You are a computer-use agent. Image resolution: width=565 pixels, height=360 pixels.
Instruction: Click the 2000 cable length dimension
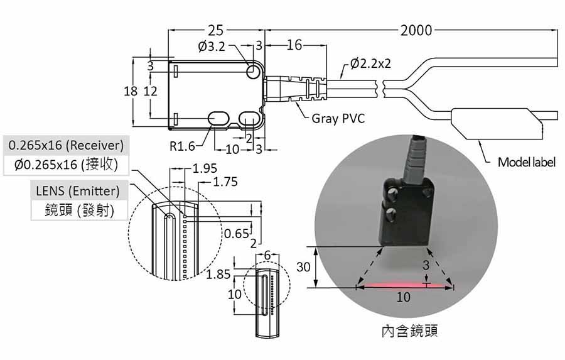click(x=416, y=30)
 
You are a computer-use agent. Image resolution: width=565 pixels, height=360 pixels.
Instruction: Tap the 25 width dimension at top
click(x=215, y=30)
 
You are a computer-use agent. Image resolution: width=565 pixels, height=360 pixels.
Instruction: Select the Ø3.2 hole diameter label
click(x=212, y=46)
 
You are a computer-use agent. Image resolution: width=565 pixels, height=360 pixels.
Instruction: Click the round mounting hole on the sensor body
click(x=254, y=71)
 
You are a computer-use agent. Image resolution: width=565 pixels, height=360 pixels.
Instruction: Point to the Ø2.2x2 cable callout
click(x=370, y=63)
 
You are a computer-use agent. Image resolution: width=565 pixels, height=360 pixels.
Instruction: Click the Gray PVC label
click(x=338, y=118)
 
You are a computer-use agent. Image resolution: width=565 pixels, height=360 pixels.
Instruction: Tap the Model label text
click(x=527, y=162)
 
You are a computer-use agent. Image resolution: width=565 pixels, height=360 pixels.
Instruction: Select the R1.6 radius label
click(x=182, y=146)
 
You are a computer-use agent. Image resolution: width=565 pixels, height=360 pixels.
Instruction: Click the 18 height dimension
click(x=131, y=91)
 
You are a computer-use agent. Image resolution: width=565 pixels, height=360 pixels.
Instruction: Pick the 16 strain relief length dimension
click(x=294, y=45)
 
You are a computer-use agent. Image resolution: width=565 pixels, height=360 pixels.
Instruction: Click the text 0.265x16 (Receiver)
click(x=66, y=145)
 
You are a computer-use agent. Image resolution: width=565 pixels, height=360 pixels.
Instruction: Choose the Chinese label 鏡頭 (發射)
click(x=79, y=210)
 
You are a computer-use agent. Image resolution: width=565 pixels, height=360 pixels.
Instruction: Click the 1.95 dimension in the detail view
click(x=205, y=168)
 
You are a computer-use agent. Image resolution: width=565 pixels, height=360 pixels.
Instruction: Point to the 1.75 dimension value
click(x=225, y=182)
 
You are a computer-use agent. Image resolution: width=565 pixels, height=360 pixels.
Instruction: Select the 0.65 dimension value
click(x=237, y=234)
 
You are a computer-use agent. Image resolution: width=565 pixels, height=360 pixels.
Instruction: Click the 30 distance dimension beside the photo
click(x=303, y=267)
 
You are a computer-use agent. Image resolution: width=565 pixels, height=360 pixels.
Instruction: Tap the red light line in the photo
click(x=404, y=286)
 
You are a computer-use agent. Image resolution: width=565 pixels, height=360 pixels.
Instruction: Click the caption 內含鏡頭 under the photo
click(x=410, y=330)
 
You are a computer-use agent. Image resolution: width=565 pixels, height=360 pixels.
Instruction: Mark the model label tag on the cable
click(x=497, y=124)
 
